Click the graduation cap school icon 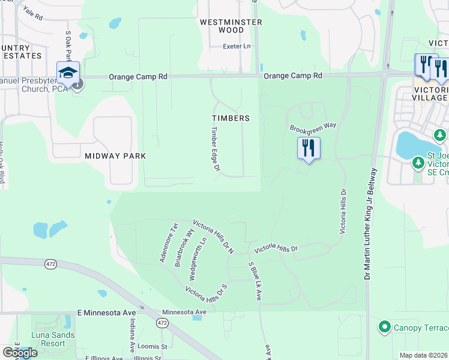click(x=68, y=73)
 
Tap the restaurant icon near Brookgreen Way click(x=309, y=148)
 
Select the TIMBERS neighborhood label click(x=231, y=118)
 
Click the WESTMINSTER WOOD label click(x=231, y=26)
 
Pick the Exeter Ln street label click(x=236, y=46)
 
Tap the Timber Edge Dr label click(x=215, y=151)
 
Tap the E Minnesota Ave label click(x=107, y=313)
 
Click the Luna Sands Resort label click(x=54, y=339)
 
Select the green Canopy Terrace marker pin click(x=384, y=327)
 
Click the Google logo click(x=20, y=353)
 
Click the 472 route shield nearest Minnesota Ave click(x=161, y=323)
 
